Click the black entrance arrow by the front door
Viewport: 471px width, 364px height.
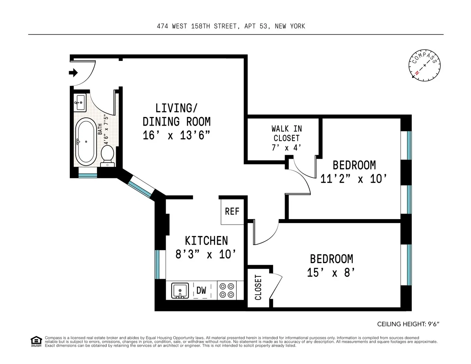(x=73, y=73)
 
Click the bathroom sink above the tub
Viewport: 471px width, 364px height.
(x=80, y=103)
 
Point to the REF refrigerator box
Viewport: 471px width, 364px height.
(x=232, y=211)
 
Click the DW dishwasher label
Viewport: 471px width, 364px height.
(x=201, y=291)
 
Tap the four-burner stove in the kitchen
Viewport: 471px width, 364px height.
(x=226, y=291)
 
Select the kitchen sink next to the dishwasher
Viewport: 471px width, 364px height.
(x=180, y=291)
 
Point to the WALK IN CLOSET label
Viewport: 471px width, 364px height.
(x=287, y=138)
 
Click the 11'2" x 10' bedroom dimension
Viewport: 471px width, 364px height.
(x=354, y=179)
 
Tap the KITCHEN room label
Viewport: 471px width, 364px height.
(x=206, y=240)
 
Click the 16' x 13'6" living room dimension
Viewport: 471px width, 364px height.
(x=176, y=135)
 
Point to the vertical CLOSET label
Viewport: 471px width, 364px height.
(x=258, y=288)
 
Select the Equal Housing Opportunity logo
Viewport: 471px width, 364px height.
(x=36, y=342)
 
